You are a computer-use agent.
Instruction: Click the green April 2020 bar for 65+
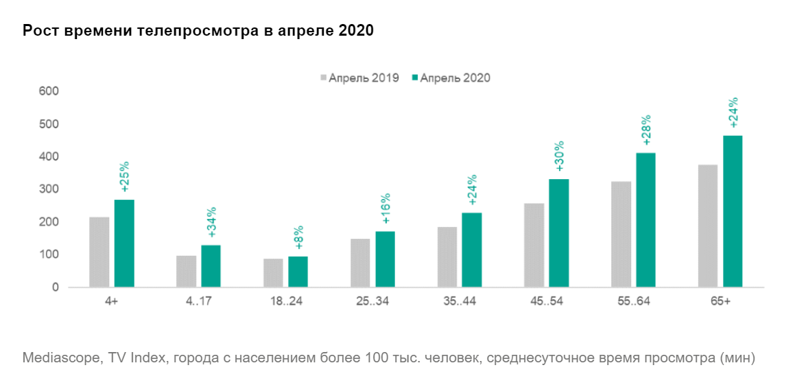[733, 211]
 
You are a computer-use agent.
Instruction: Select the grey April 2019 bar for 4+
[99, 252]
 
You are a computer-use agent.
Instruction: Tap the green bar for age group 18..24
[298, 271]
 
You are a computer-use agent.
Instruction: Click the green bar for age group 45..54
[558, 233]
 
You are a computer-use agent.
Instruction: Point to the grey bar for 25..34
[360, 263]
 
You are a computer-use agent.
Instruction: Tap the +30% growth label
[559, 159]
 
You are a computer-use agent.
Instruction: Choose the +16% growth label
[385, 210]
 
